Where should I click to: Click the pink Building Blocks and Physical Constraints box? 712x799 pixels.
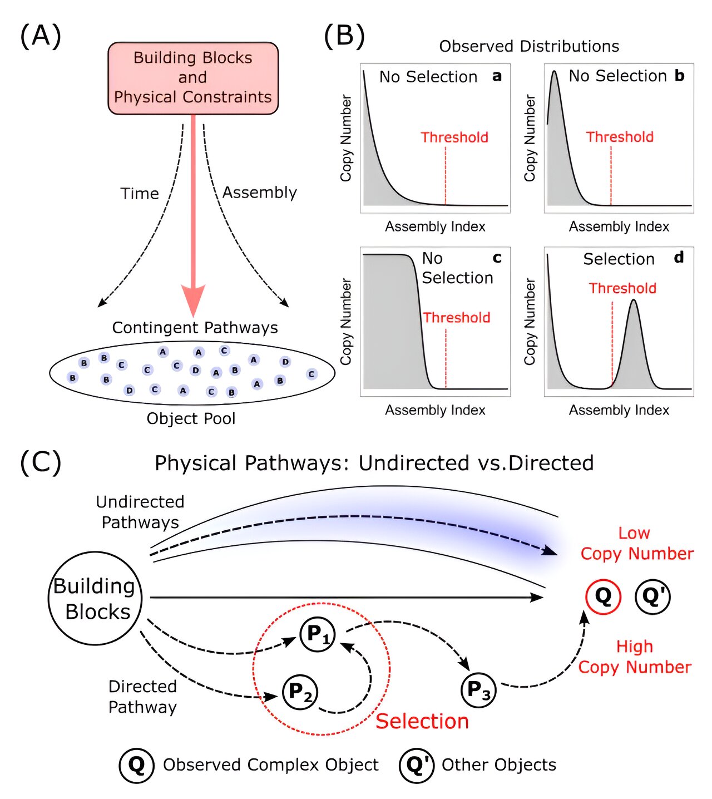tap(193, 78)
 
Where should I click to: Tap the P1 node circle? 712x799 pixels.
tap(318, 634)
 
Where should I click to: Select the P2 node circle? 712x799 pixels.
tap(300, 692)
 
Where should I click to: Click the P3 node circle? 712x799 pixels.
tap(478, 689)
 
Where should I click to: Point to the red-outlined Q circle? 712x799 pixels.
tap(603, 596)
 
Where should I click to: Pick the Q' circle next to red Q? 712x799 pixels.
tap(652, 596)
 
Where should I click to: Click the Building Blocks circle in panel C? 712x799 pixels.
tap(95, 598)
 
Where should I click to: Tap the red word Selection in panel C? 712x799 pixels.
tap(422, 721)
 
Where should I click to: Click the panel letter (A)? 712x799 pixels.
tap(41, 36)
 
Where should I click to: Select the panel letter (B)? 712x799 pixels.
tap(344, 36)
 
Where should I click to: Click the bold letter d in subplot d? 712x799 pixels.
tap(679, 258)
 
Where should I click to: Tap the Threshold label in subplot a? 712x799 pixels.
tap(454, 137)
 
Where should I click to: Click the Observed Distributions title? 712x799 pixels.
tap(529, 46)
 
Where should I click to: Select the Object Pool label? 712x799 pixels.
tap(191, 418)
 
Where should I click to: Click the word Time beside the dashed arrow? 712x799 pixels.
tap(140, 194)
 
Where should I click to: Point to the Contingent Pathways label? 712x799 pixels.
tap(195, 328)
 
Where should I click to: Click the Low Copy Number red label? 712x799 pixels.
tap(636, 544)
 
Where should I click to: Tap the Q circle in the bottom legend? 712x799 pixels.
tap(136, 765)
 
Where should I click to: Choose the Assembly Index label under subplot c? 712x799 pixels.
tap(435, 410)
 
